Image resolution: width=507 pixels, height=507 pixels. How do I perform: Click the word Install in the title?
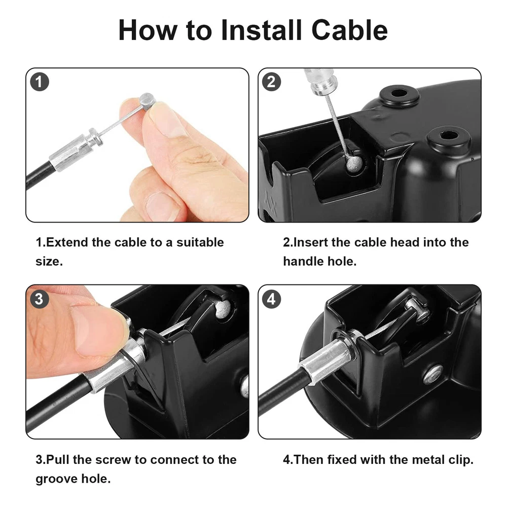tap(261, 30)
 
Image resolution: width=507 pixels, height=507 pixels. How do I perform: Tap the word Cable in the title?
tap(349, 30)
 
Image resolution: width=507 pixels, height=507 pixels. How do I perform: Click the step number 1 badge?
tap(40, 82)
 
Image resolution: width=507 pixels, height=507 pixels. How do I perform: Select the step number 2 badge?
tap(271, 82)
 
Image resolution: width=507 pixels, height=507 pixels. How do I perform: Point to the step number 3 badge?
tap(40, 299)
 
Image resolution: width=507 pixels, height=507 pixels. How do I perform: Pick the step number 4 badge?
tap(271, 299)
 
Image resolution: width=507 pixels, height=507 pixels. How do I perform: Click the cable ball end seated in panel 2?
tap(354, 164)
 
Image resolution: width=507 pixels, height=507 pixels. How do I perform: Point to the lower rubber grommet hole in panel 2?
tap(449, 136)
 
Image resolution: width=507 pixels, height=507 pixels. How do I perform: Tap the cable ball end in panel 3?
tap(223, 309)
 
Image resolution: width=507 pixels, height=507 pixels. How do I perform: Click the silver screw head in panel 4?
tap(432, 374)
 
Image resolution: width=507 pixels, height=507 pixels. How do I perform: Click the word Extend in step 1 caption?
tap(67, 242)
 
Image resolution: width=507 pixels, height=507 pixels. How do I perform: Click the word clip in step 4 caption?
tap(460, 459)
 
